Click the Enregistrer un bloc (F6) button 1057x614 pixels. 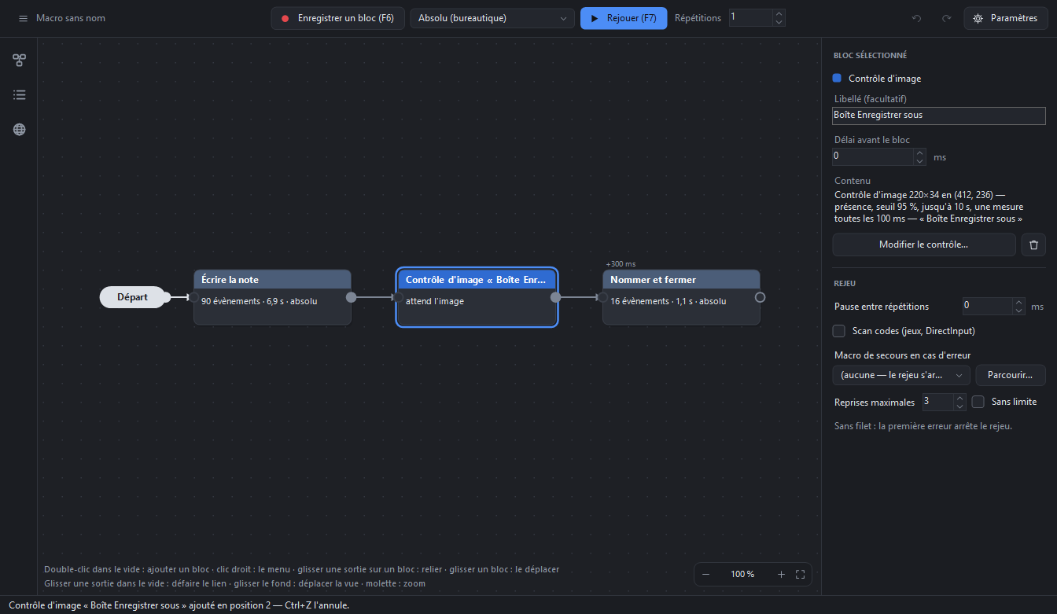click(x=338, y=18)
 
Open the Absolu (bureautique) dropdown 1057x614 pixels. click(x=492, y=18)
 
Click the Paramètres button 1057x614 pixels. click(x=1006, y=18)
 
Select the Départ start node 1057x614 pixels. click(x=133, y=297)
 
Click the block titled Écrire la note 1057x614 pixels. click(x=272, y=297)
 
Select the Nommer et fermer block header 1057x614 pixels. click(x=681, y=280)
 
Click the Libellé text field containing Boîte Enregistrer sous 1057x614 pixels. click(x=938, y=116)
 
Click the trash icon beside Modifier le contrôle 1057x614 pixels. click(x=1033, y=244)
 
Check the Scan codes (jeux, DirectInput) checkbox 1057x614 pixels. click(x=838, y=331)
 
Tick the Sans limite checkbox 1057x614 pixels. click(x=978, y=402)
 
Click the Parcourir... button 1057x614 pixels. click(x=1011, y=375)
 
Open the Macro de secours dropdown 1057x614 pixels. click(x=900, y=375)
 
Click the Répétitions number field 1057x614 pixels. click(x=751, y=18)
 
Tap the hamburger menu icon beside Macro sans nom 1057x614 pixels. click(x=23, y=18)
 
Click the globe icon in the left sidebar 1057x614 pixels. click(x=20, y=129)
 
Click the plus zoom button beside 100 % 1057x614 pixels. click(x=781, y=575)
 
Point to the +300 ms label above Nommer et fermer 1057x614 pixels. click(x=621, y=264)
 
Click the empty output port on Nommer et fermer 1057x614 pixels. click(x=760, y=298)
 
